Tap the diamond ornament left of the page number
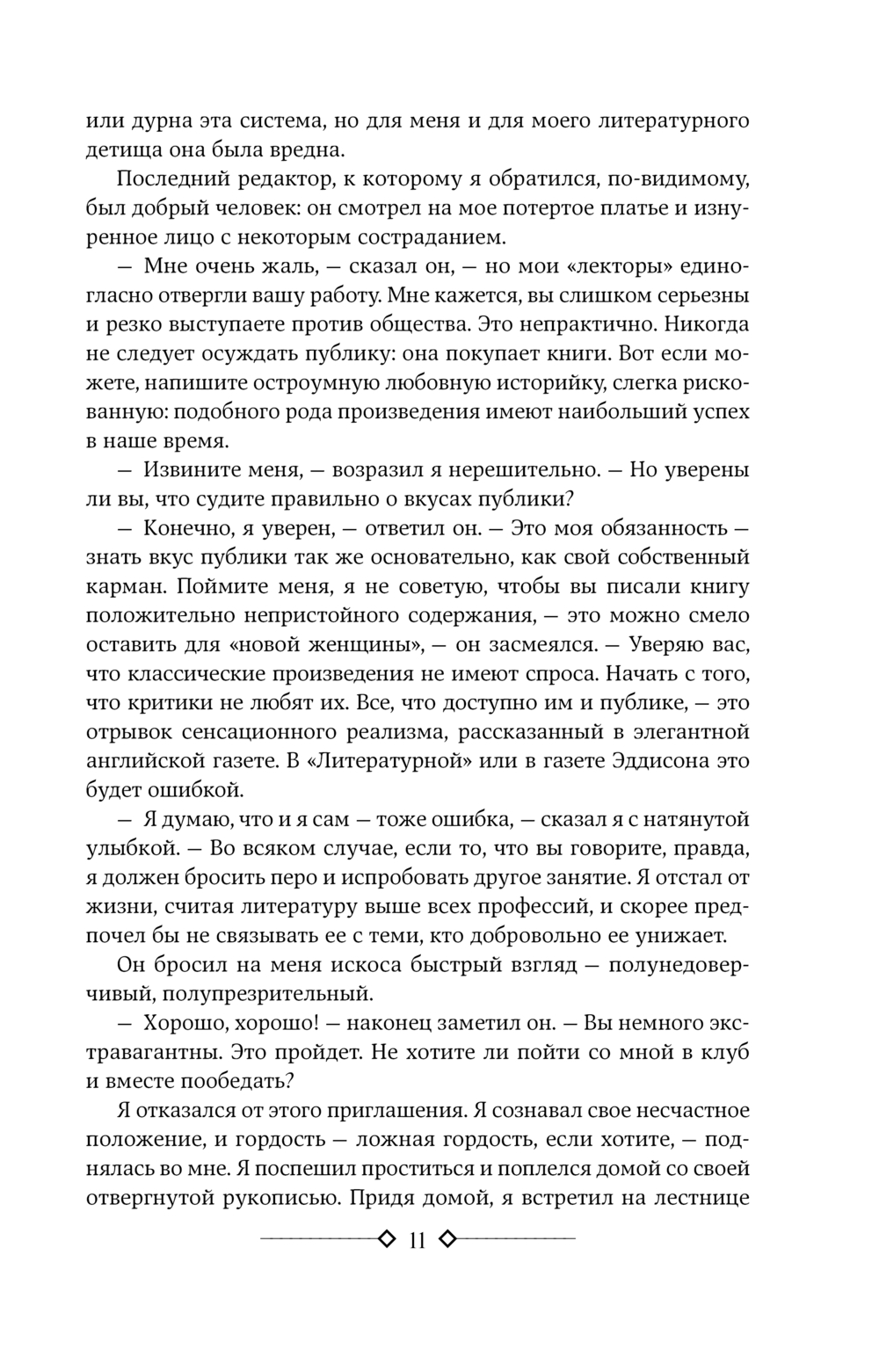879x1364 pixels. (x=385, y=1240)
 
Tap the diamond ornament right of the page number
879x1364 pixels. (x=447, y=1240)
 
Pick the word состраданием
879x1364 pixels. (x=435, y=236)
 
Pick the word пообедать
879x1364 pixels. (x=230, y=1081)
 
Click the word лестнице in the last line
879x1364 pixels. (x=699, y=1197)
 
